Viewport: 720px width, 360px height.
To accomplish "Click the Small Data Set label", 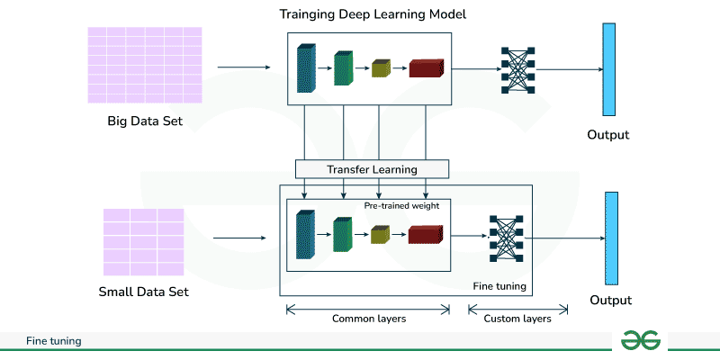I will (144, 292).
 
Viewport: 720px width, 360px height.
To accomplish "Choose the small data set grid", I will (144, 241).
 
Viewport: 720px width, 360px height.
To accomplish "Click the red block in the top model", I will (427, 68).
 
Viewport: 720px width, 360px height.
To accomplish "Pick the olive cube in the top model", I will (382, 68).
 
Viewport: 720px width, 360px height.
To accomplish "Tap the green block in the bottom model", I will (343, 235).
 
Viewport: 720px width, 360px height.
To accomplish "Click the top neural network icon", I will (517, 68).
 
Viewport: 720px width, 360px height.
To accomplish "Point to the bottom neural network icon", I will (505, 238).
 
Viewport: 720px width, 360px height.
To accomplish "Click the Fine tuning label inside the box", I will (499, 286).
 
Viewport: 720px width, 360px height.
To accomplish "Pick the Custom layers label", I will (517, 319).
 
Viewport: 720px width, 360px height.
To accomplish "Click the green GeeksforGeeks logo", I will (642, 339).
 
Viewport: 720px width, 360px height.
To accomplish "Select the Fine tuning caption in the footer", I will (54, 341).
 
